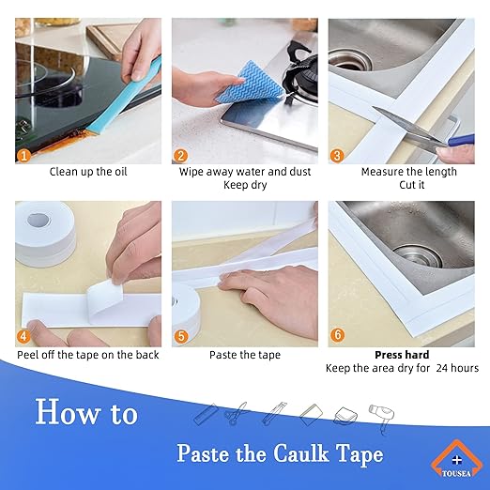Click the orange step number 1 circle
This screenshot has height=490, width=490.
24,154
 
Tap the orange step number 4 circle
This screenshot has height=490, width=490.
24,336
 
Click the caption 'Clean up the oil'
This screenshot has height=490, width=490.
88,172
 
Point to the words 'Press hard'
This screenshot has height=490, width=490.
402,355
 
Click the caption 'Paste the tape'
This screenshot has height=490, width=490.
245,355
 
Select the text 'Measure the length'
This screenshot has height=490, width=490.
408,172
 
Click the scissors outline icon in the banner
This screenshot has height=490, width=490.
237,414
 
